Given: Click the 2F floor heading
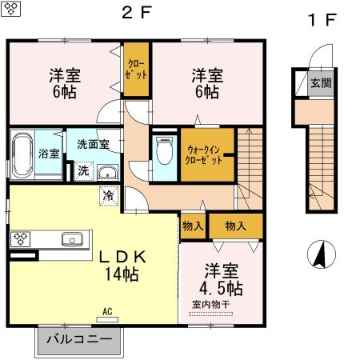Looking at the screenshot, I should (x=136, y=13).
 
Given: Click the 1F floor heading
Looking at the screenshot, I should (x=322, y=20).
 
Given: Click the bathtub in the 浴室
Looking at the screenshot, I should (x=22, y=153).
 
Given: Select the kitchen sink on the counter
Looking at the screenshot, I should (x=72, y=238).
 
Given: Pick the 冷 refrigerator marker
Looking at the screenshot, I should (x=107, y=194).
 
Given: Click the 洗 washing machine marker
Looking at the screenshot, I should (x=83, y=170).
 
